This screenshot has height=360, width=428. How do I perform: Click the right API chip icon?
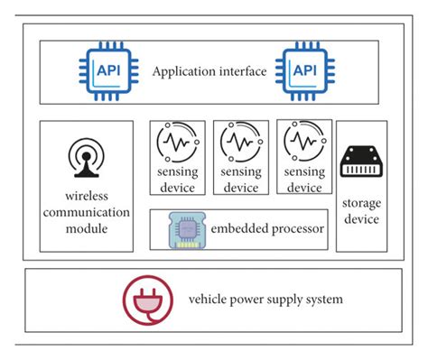300,70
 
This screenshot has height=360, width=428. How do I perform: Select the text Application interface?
209,71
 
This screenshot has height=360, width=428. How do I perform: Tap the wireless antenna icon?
83,160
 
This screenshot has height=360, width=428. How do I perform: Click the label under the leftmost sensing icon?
177,180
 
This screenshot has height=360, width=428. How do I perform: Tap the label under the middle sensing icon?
241,180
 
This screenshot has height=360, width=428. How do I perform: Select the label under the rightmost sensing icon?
303,180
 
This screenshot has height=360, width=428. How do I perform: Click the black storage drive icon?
361,162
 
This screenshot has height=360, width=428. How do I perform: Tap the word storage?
361,201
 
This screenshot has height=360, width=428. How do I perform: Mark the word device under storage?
361,218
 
